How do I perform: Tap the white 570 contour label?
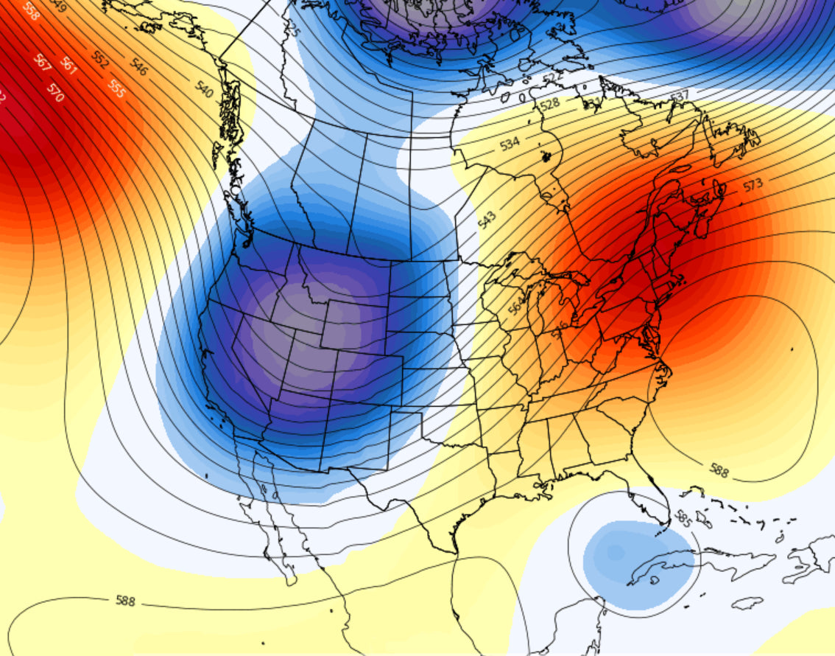(55, 92)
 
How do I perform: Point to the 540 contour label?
(204, 91)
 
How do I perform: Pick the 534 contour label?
(510, 143)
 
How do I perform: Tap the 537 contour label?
(679, 96)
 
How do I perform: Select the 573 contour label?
(753, 184)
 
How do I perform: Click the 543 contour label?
(487, 219)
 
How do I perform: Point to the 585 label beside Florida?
(683, 520)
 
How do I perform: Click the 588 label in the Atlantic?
(719, 470)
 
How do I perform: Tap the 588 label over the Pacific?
(126, 601)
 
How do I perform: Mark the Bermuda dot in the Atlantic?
(792, 349)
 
